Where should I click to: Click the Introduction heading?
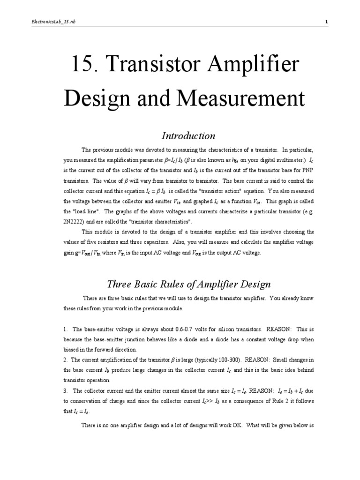point(188,136)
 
